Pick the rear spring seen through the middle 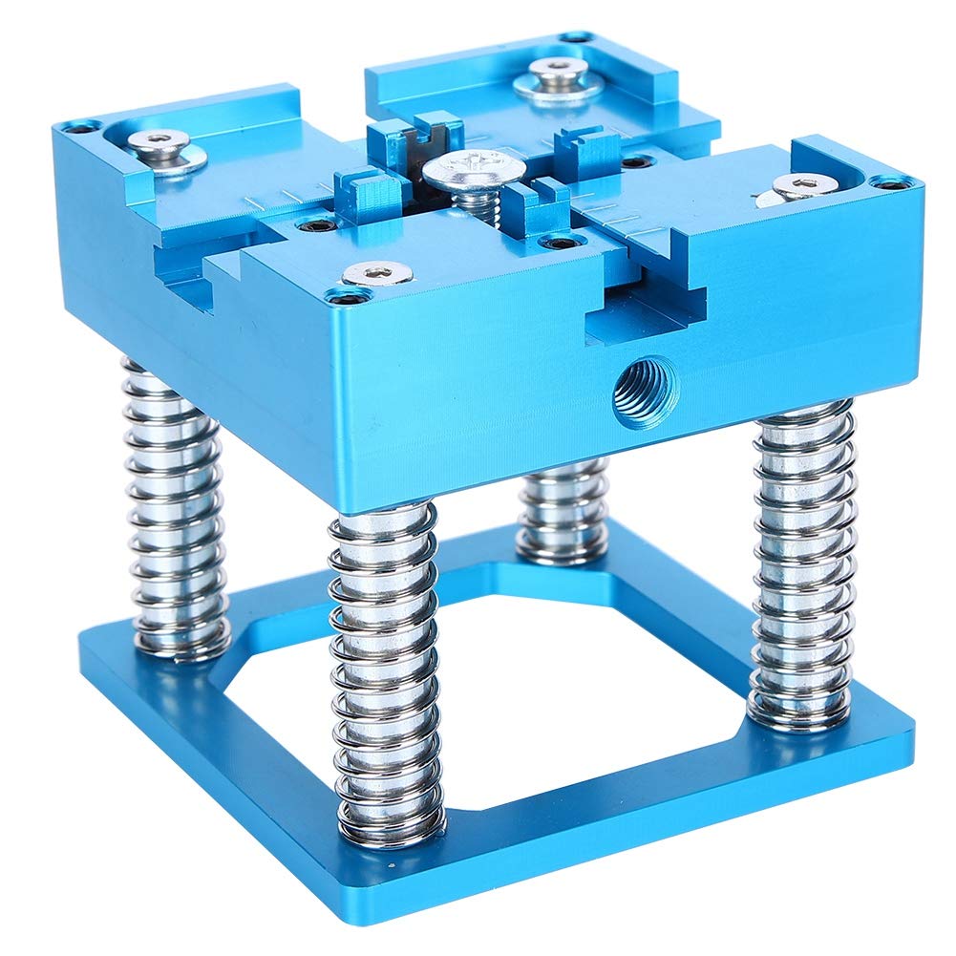pos(563,511)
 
